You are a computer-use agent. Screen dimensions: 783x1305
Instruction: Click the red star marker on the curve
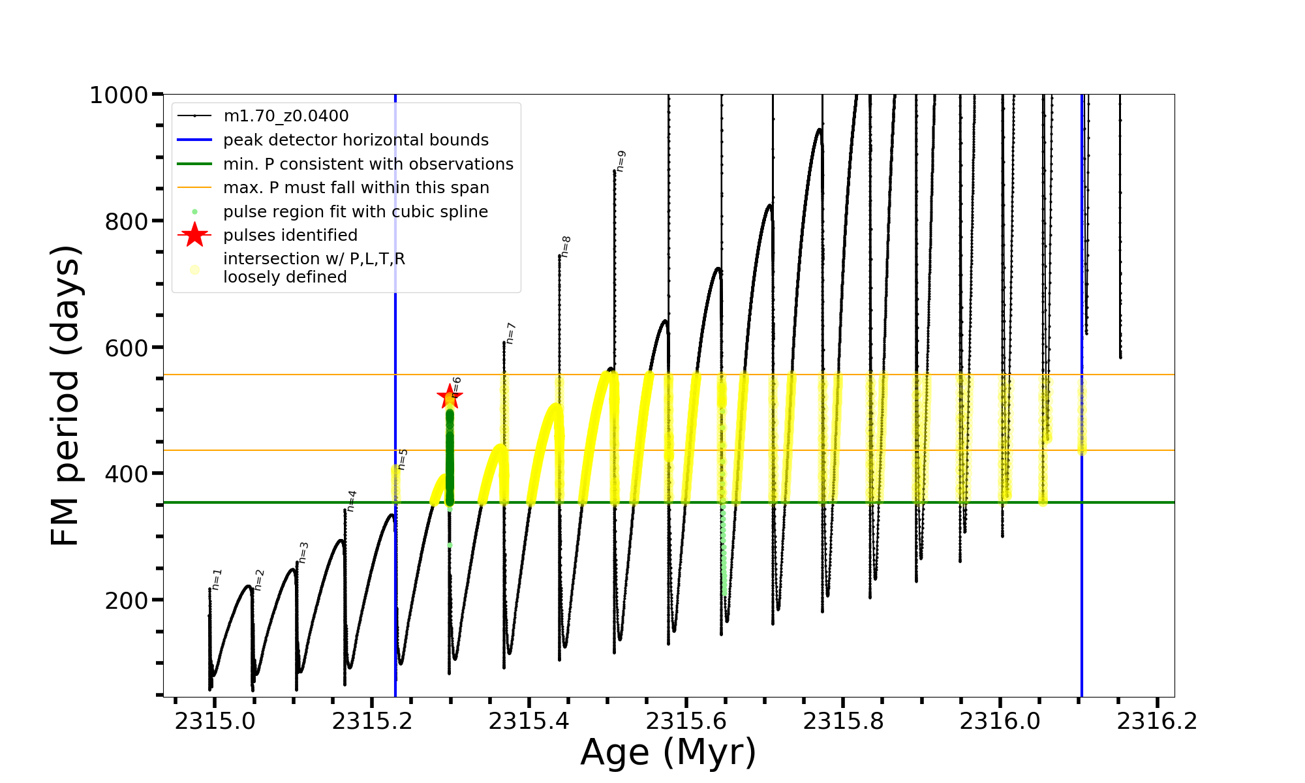(x=449, y=396)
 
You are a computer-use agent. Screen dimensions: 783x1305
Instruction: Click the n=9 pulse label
(x=621, y=161)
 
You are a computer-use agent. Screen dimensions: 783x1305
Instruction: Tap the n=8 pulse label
(x=566, y=247)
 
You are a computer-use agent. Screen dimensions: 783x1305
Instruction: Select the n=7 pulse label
(x=511, y=333)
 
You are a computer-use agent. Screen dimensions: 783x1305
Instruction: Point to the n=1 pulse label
(x=217, y=579)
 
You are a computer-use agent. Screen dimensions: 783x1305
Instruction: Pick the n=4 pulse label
(x=352, y=500)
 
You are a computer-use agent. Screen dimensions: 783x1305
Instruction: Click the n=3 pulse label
(x=303, y=552)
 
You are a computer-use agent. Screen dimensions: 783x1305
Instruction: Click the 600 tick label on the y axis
(x=127, y=348)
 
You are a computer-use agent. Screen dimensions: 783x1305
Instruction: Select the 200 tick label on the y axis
(x=127, y=600)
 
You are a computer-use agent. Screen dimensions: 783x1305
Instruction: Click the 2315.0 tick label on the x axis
(x=215, y=721)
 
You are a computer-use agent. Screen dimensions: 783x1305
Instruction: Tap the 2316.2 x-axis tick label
(x=1157, y=721)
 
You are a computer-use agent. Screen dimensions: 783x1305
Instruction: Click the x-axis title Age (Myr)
(x=668, y=752)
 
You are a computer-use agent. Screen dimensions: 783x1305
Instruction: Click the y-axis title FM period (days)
(x=66, y=395)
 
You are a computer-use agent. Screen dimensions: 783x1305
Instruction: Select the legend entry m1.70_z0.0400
(x=286, y=116)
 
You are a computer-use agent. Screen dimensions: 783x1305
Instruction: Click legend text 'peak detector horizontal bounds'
(x=356, y=140)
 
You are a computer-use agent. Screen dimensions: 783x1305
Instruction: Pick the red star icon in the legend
(x=194, y=235)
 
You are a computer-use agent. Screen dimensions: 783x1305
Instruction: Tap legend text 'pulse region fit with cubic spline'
(x=356, y=212)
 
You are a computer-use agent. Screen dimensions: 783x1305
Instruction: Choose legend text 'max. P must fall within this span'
(x=356, y=188)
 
